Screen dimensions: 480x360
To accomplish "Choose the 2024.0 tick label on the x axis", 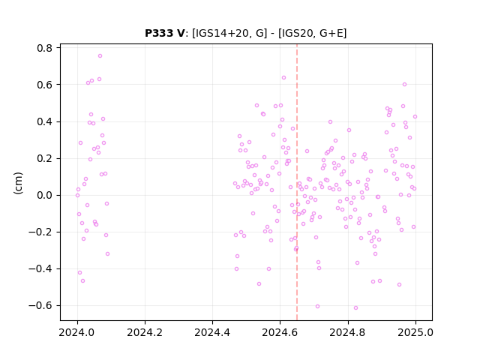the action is [77, 332].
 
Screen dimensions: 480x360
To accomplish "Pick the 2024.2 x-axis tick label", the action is [145, 332].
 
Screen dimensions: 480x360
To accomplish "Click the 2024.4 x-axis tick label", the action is [212, 332].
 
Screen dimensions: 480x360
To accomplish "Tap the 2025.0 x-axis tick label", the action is [415, 332].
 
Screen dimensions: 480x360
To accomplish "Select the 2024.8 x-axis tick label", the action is [348, 332].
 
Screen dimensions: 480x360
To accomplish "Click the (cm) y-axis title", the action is [18, 183].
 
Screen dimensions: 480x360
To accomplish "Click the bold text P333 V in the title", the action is [165, 33].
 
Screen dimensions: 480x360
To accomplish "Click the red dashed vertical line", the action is [297, 182].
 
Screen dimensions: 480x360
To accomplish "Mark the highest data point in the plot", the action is [100, 56].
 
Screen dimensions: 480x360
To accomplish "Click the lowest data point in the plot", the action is [355, 308].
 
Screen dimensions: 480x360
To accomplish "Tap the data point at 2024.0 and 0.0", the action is [77, 195].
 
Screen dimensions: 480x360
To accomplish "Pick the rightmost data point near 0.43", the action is [415, 117].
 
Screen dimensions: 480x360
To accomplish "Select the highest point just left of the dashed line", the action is [283, 78].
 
